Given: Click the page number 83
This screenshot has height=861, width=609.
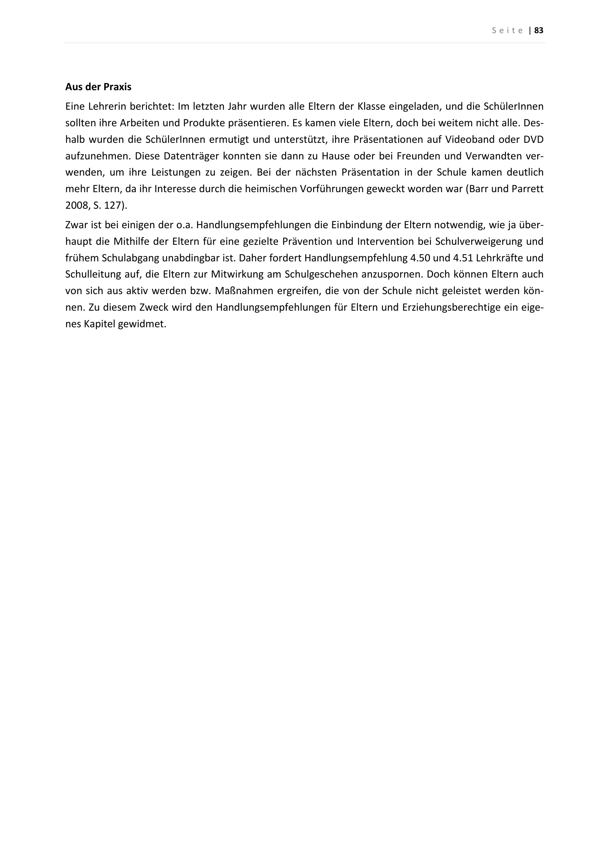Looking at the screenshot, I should click(x=539, y=31).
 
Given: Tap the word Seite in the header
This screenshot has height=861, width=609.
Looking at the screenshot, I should click(x=508, y=31).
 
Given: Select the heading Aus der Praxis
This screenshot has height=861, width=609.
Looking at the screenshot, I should click(x=98, y=87).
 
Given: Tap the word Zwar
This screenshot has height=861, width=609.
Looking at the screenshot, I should click(x=76, y=225).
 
